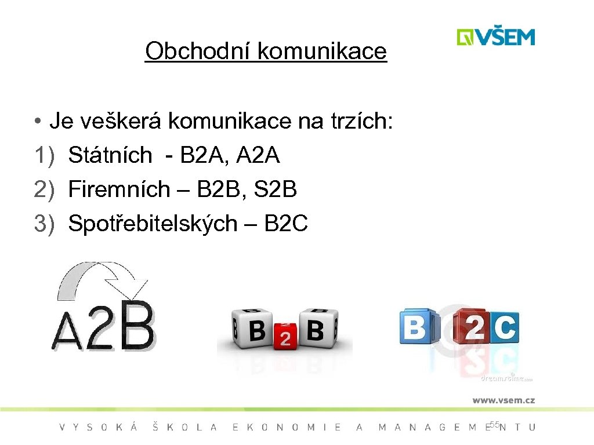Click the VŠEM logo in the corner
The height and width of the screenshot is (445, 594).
click(495, 37)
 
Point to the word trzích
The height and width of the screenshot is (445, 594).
click(360, 122)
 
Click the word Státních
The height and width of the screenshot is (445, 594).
click(110, 155)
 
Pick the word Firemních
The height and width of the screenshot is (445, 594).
click(119, 189)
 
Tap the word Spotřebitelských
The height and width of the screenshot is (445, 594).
click(153, 223)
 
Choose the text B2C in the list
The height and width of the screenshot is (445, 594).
click(286, 223)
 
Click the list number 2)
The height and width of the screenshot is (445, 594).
click(45, 189)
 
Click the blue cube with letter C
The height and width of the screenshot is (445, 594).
click(504, 328)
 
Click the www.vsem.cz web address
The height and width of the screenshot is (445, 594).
click(503, 400)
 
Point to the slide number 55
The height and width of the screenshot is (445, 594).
click(494, 425)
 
